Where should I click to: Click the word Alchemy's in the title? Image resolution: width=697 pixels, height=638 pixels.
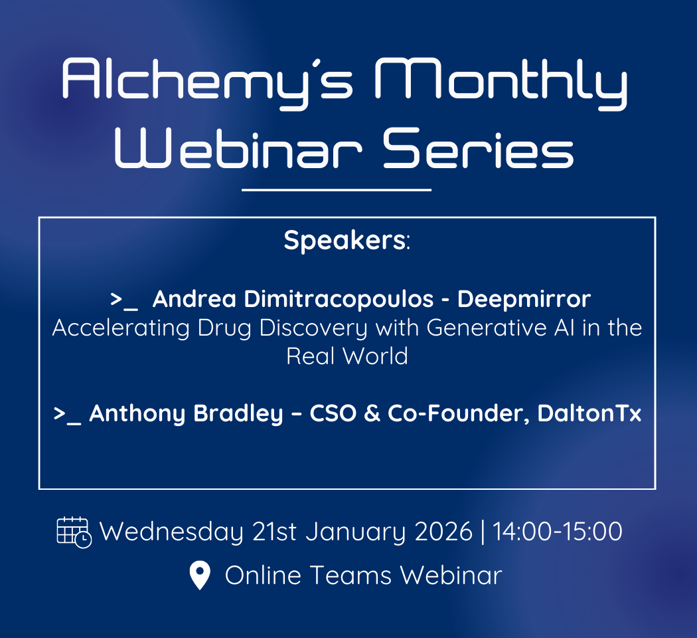coord(208,82)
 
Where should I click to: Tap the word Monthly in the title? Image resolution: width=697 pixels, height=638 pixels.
coord(502,82)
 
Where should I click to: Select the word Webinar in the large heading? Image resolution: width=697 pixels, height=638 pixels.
coord(238,148)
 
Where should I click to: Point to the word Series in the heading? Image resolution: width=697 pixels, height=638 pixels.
coord(479,148)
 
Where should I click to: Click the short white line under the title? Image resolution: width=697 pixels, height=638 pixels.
coord(337,190)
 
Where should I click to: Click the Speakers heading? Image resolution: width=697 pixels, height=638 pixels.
coord(347,241)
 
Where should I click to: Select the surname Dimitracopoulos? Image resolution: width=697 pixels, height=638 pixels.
coord(339,298)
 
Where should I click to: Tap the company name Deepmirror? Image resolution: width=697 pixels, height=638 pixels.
coord(524,300)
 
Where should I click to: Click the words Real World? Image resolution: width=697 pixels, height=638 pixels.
coord(347,356)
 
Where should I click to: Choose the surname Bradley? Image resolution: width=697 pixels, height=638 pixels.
coord(238,414)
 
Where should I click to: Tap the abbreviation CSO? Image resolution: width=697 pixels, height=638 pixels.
coord(333,413)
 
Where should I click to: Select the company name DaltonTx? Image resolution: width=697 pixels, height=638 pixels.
coord(589,413)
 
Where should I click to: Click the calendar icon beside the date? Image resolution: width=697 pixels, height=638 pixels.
coord(74,532)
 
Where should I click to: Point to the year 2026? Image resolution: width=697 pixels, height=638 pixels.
coord(443,532)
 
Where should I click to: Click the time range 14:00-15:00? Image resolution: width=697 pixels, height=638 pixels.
coord(558,532)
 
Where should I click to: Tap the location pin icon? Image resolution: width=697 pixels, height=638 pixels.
coord(200,575)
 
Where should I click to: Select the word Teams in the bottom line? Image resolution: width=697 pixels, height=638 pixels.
coord(350,576)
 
